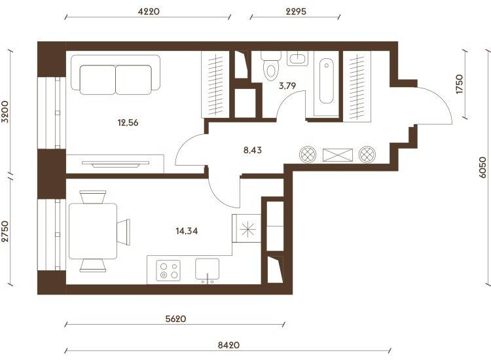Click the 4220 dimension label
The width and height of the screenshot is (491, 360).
149,12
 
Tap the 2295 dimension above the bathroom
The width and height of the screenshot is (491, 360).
296,12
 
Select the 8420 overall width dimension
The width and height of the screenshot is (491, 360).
228,345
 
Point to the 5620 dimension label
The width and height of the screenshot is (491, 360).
175,319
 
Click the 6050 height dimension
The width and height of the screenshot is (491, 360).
482,168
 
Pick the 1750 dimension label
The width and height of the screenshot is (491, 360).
459,84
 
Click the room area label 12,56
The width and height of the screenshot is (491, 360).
128,122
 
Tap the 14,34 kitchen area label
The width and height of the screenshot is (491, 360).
187,231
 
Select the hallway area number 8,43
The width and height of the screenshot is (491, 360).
253,151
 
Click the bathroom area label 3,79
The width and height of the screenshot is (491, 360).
287,86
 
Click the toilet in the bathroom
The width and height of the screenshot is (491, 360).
270,65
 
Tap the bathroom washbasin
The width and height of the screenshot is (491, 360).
297,58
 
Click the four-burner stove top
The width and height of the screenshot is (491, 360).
168,270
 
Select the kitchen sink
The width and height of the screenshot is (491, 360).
207,269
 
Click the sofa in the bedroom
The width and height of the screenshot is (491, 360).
115,75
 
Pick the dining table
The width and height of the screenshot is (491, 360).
93,231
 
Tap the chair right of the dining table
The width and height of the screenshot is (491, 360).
123,232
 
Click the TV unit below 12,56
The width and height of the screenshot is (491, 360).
115,164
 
